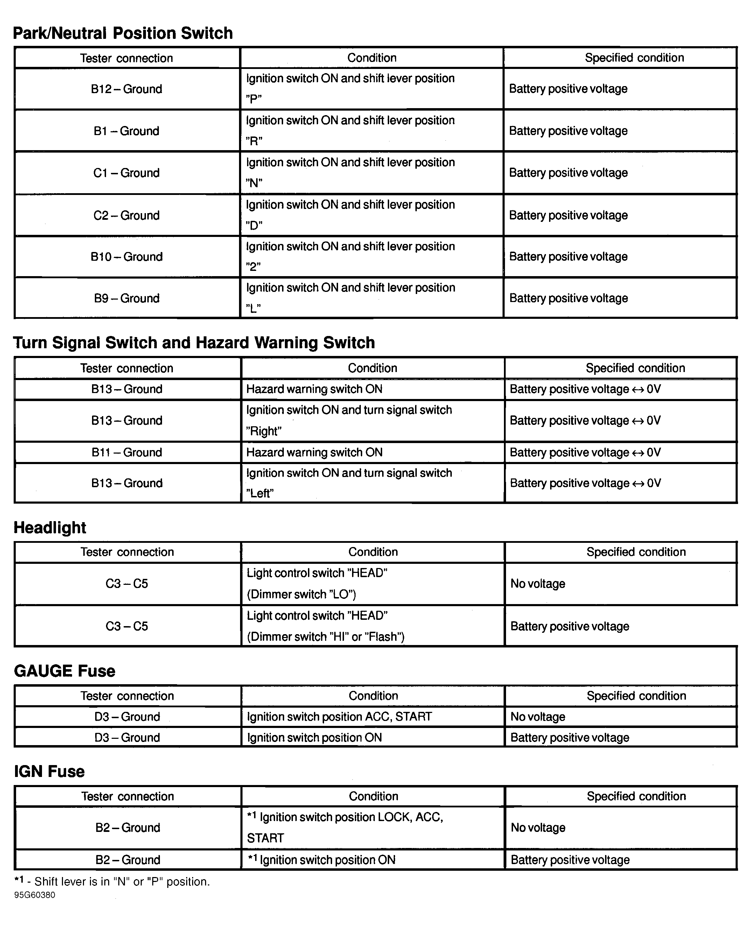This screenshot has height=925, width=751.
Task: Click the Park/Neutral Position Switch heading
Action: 123,33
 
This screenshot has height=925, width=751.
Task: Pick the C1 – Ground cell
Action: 126,173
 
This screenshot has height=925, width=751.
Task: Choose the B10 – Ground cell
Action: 126,257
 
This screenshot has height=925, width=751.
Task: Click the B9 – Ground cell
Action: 126,299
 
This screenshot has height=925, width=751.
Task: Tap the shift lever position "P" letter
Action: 254,99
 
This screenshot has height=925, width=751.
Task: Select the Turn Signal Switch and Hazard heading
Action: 194,343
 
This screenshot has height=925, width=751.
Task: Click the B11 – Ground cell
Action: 126,453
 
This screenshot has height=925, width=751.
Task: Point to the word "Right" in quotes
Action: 264,431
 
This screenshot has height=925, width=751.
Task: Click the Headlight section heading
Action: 50,528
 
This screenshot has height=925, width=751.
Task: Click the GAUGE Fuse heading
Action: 64,671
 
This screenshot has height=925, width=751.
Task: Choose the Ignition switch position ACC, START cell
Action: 339,717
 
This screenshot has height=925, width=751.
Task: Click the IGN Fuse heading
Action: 49,771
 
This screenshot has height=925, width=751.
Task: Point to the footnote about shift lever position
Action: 112,882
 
